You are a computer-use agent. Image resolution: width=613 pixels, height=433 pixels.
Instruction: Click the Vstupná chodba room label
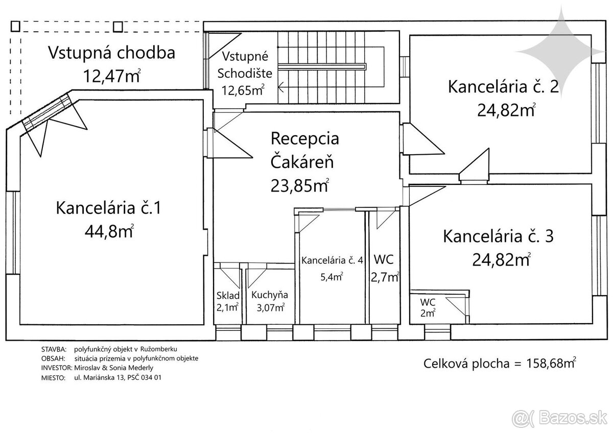click(111, 53)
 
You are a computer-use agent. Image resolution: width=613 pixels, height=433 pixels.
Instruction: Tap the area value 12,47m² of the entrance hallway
click(111, 76)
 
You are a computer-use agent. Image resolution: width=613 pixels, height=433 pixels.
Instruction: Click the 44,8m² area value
click(109, 232)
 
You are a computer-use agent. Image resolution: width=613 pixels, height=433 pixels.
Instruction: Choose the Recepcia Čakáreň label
click(304, 151)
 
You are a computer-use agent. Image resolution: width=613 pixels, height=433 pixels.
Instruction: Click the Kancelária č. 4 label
click(332, 260)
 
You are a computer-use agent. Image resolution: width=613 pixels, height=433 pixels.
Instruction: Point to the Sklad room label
click(227, 295)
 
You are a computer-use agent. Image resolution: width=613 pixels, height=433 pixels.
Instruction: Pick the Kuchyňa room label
click(269, 295)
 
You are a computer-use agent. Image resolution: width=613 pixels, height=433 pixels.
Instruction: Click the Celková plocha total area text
click(500, 364)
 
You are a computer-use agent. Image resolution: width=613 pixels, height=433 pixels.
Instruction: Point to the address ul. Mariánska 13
click(102, 377)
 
